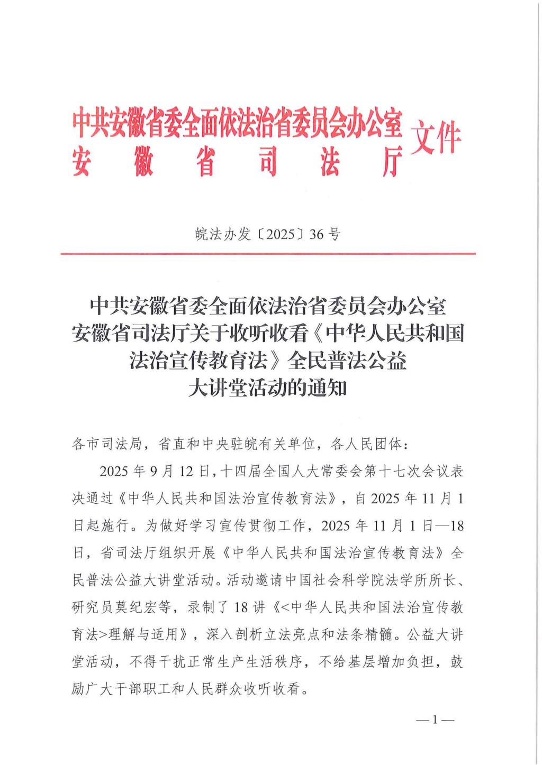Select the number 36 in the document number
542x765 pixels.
[316, 234]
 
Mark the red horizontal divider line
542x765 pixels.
[268, 254]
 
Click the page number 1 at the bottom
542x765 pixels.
[435, 720]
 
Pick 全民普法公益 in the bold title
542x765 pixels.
[347, 361]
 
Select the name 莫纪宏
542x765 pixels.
[143, 607]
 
